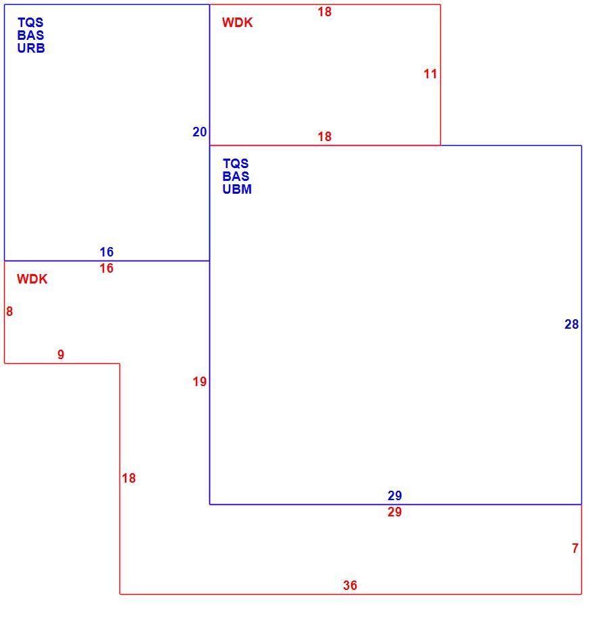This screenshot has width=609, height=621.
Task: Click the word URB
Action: click(31, 49)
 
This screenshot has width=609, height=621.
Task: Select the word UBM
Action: click(237, 189)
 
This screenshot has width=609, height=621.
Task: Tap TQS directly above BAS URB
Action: click(30, 22)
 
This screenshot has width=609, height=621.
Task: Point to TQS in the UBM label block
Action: click(236, 163)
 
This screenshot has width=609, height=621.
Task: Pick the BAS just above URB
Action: click(30, 35)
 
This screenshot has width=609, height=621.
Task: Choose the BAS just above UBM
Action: click(236, 176)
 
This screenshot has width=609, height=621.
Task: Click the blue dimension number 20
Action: click(200, 132)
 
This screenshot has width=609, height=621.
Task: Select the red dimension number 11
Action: click(430, 74)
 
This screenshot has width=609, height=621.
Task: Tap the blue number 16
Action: click(107, 252)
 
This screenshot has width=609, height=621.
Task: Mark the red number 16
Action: click(107, 268)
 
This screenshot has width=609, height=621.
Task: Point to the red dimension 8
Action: click(9, 312)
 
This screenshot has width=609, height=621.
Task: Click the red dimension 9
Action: click(61, 354)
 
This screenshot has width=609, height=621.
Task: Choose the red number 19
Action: click(200, 382)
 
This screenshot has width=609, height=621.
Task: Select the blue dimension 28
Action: click(572, 325)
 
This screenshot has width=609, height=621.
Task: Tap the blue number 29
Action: click(395, 495)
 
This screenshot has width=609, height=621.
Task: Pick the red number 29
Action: click(395, 512)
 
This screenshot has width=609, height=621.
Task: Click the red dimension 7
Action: click(575, 549)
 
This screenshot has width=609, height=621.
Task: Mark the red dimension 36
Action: click(350, 585)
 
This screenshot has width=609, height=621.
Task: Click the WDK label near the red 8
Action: click(32, 279)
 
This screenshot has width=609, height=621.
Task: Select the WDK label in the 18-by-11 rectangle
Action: click(238, 22)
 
